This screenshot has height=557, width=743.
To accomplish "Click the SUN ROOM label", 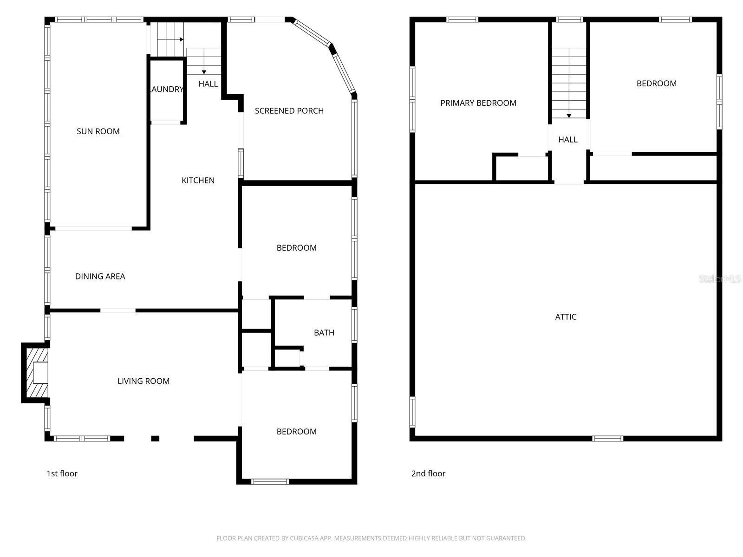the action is click(98, 131).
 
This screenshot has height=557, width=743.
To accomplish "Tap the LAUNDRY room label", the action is click(167, 89).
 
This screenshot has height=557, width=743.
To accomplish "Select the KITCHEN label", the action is click(198, 180).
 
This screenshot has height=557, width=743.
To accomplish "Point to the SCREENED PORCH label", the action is click(289, 111).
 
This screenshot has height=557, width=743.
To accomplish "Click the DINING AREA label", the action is click(100, 276).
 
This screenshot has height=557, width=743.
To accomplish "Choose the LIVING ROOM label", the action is click(143, 381).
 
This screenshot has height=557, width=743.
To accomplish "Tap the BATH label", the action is click(324, 333).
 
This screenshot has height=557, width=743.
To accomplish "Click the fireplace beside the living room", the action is click(35, 373).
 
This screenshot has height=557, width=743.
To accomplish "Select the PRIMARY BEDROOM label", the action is click(478, 103).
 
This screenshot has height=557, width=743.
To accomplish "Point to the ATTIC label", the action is click(566, 317).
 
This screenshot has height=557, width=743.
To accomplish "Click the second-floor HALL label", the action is click(568, 139).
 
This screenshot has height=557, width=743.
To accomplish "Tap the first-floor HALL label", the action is click(208, 84).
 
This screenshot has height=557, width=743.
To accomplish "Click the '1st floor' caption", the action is click(62, 473).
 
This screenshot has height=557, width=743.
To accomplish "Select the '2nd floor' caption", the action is click(428, 473).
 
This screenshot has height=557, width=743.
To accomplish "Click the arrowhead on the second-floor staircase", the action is click(569, 116).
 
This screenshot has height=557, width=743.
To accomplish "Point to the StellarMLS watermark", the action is click(720, 278).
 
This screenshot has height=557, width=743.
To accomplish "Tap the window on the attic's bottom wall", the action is click(607, 439).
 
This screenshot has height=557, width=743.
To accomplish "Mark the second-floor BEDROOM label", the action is click(656, 84).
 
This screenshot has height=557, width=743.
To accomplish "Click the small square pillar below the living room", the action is click(155, 439).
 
